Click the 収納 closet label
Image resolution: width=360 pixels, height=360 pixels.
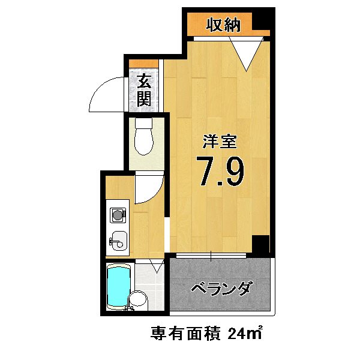click(223, 25)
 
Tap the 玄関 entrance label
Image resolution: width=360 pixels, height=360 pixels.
click(143, 90)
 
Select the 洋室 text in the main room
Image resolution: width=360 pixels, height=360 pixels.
click(220, 142)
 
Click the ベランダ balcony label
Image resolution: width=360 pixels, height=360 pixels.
click(221, 289)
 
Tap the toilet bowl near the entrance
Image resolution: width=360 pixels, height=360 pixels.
click(144, 138)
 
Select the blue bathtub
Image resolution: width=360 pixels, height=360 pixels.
click(118, 289)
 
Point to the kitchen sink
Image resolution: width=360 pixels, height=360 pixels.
click(119, 241)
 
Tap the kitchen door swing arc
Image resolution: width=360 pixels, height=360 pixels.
click(146, 187)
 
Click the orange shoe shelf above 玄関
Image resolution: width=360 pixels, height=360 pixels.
click(144, 64)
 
